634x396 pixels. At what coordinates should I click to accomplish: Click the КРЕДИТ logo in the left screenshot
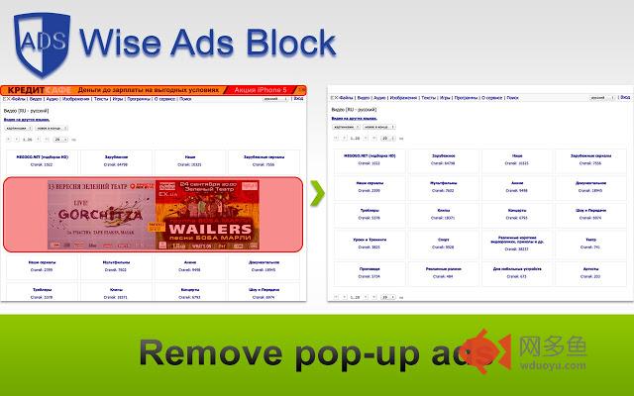pos(29,89)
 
